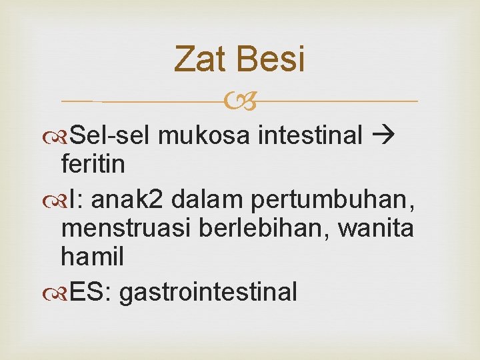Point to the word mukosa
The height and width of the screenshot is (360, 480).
pyautogui.click(x=205, y=136)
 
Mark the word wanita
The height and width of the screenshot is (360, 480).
pyautogui.click(x=376, y=229)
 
